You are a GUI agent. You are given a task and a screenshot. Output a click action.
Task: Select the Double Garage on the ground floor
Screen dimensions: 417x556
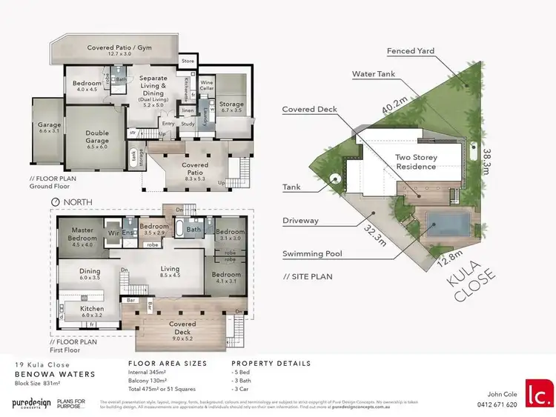97,138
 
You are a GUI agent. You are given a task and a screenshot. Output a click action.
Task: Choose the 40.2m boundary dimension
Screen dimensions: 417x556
394,111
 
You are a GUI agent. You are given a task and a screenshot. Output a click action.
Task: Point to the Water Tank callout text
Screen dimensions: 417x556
374,74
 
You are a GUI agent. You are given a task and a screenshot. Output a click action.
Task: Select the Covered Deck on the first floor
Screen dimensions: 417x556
182,328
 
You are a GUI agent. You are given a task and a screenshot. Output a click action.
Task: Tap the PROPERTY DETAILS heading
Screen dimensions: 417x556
274,364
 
